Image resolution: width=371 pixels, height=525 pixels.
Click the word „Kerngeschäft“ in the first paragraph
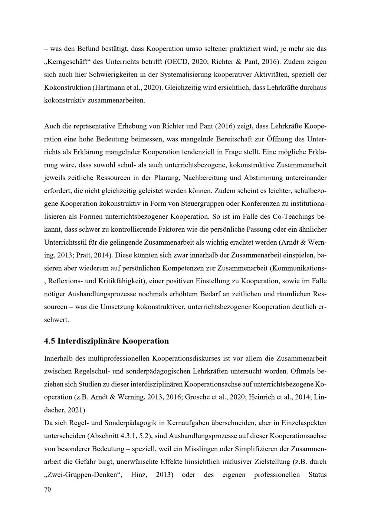(x=68, y=61)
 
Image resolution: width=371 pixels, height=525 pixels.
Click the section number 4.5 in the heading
(x=50, y=341)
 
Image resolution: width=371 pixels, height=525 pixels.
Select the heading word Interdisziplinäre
(x=89, y=341)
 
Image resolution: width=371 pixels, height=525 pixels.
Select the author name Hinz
(x=138, y=475)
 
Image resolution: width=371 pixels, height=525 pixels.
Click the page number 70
(x=47, y=490)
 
